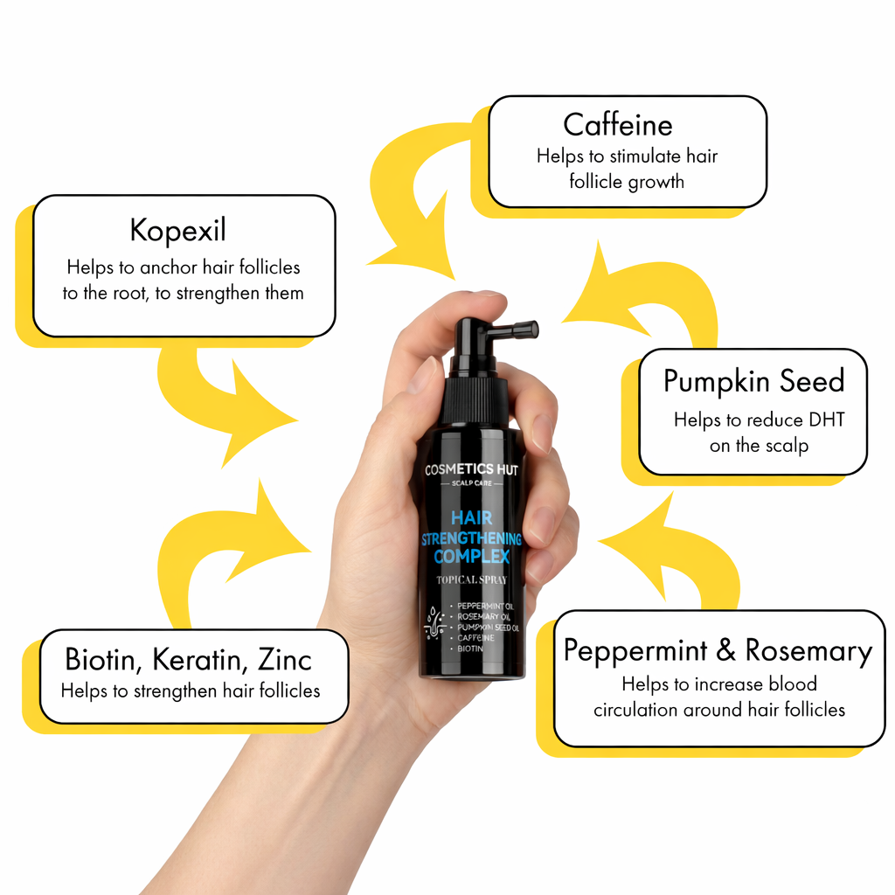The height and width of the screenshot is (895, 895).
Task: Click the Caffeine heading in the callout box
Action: coord(618,124)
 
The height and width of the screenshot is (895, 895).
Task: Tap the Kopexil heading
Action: coord(178,231)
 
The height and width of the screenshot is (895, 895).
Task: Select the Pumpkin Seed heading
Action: coord(753,381)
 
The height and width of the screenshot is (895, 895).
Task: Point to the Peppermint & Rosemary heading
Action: coord(718,650)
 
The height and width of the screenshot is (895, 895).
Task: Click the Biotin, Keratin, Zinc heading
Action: coord(189,660)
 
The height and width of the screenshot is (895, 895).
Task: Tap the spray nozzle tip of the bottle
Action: coord(532,330)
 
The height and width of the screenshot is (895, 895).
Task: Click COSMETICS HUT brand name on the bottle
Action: coord(471,469)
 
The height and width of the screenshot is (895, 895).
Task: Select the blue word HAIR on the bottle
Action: coord(471,517)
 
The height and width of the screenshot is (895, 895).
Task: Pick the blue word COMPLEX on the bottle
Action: coord(471,557)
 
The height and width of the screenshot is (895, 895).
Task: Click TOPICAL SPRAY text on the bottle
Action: coord(471,580)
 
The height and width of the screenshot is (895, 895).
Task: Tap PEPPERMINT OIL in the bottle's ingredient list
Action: coord(485,607)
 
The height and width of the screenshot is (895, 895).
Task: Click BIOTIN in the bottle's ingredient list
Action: coord(470,649)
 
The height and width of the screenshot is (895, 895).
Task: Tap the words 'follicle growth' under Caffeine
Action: coord(627,182)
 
